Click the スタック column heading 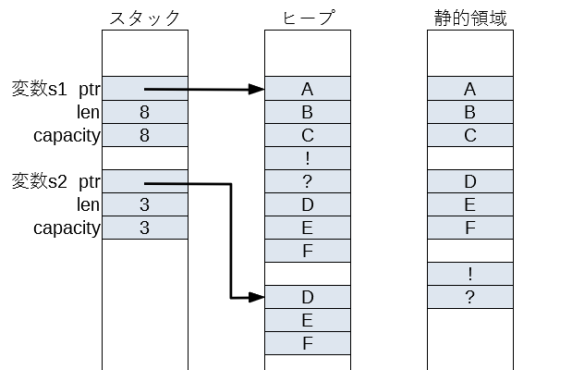point(144,18)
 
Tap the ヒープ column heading point(307,18)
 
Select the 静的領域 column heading point(469,18)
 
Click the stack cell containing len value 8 point(144,113)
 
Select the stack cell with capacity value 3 point(144,228)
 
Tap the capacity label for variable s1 point(67,135)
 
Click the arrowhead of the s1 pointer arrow point(258,90)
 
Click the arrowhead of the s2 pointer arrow point(258,298)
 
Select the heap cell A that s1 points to point(307,90)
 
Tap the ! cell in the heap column point(307,158)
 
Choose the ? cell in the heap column point(307,181)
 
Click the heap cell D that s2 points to point(307,298)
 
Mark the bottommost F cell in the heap point(307,343)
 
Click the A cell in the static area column point(469,90)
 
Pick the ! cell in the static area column point(469,274)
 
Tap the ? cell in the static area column point(469,297)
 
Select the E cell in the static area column point(469,204)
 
